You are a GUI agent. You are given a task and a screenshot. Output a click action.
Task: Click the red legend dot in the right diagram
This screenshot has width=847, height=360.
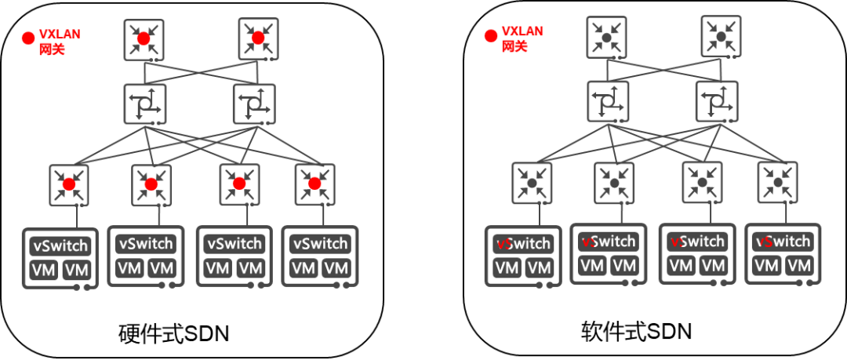coord(491,35)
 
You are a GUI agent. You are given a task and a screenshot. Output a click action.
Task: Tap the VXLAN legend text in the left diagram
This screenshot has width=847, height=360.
coord(59,35)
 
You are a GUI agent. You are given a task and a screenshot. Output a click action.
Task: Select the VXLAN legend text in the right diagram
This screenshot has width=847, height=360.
coord(522,31)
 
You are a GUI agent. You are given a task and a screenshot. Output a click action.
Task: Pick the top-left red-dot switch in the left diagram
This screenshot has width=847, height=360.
coord(144,39)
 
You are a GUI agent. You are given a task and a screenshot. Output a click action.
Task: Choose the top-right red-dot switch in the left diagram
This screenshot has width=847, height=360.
coord(258,38)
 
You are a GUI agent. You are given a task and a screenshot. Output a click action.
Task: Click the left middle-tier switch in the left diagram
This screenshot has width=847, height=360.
coord(144,104)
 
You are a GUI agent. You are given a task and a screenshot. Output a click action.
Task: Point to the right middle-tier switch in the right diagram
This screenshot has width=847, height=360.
coord(716,101)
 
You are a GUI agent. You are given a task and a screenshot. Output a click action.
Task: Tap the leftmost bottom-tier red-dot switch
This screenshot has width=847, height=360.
coord(69,184)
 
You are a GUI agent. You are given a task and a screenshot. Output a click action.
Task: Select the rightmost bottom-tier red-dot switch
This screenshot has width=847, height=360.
coord(314,184)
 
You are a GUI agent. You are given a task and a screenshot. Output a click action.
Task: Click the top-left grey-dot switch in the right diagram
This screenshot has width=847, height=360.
coord(606,37)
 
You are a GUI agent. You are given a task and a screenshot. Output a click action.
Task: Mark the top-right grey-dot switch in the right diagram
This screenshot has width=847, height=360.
coord(721,36)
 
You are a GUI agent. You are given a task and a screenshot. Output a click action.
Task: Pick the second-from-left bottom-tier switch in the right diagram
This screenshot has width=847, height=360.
coord(614,183)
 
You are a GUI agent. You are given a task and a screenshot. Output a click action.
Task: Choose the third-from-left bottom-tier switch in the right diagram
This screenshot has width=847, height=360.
coord(702,182)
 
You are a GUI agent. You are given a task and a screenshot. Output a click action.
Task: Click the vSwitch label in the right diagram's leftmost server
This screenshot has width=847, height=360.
coord(523,244)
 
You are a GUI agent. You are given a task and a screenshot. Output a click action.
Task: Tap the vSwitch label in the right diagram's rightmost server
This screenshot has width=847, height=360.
coord(783,242)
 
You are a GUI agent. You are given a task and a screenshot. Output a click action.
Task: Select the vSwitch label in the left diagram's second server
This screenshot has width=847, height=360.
coord(146,244)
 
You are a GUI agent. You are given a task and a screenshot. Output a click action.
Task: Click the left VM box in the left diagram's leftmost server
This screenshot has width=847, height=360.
coord(44,271)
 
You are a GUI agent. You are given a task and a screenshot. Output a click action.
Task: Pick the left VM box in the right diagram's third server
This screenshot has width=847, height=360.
coord(681,266)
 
